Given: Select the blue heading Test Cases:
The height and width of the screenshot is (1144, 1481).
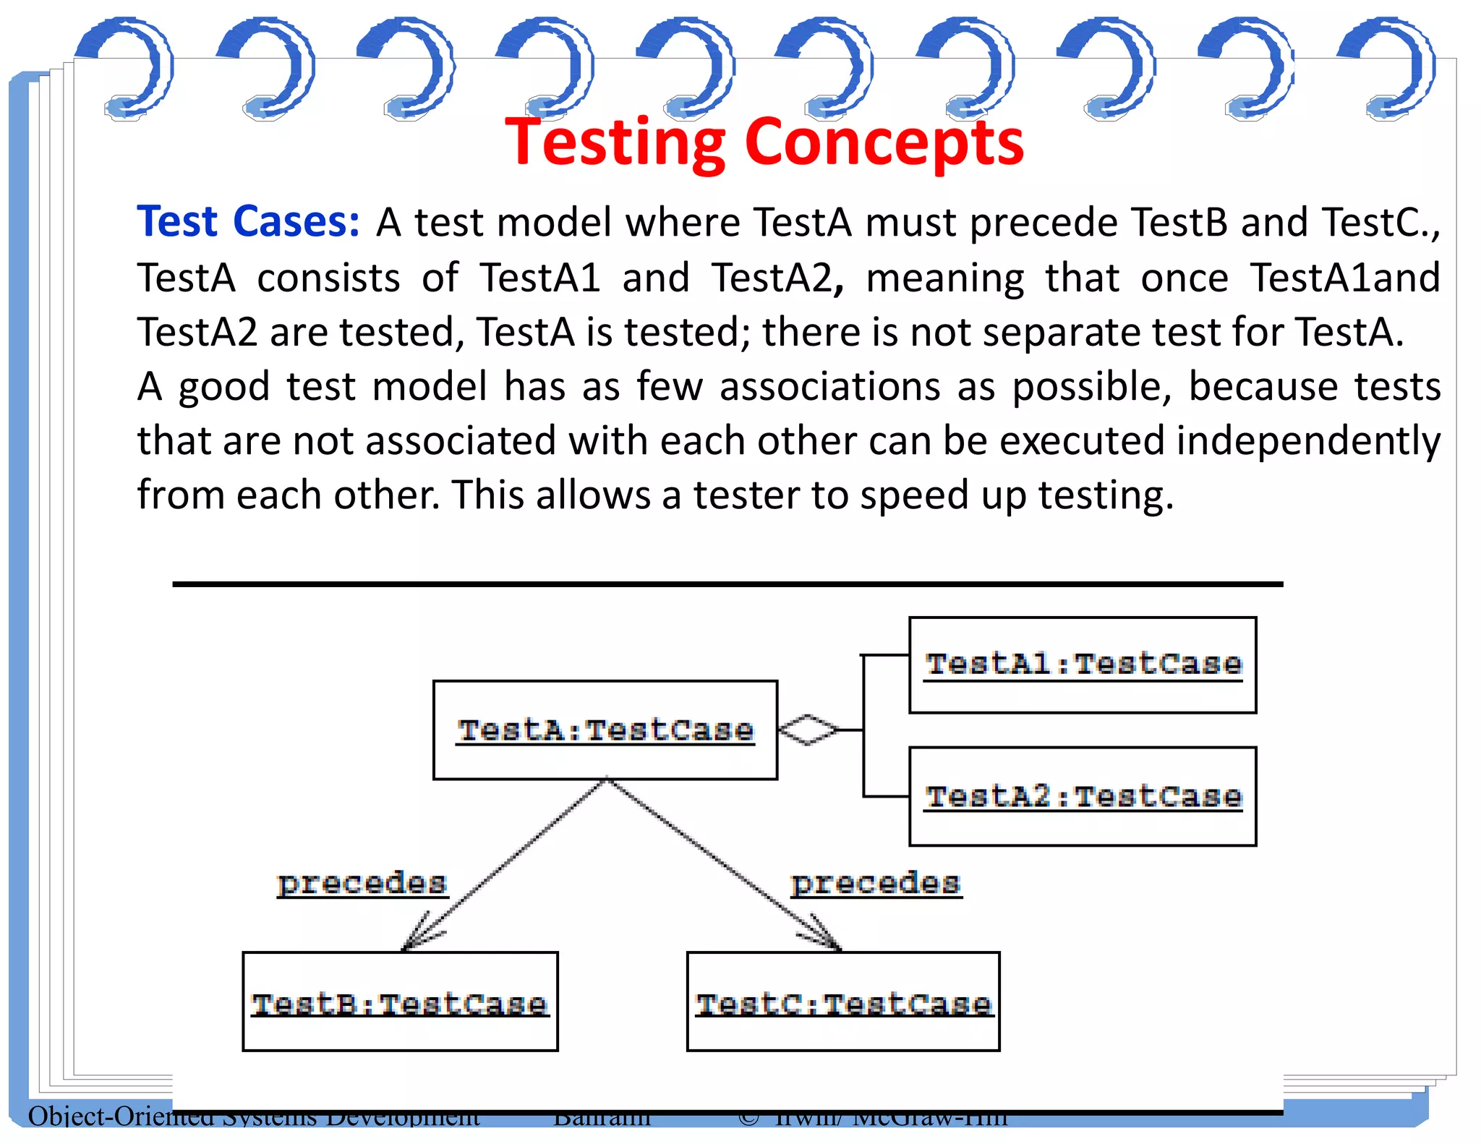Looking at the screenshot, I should pyautogui.click(x=248, y=221).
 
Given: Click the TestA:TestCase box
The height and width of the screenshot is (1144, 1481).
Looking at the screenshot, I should pyautogui.click(x=605, y=730).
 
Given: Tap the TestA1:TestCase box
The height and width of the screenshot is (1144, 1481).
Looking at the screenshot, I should pyautogui.click(x=1083, y=665).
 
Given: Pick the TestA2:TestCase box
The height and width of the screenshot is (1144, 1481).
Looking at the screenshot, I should pyautogui.click(x=1083, y=796).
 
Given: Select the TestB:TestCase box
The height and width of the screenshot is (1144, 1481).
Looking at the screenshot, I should pyautogui.click(x=400, y=1002).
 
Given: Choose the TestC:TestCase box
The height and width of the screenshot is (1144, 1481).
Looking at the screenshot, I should pyautogui.click(x=843, y=1002).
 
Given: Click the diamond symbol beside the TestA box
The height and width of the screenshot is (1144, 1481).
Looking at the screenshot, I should pyautogui.click(x=808, y=730).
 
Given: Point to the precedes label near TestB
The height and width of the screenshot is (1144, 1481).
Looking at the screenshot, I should pyautogui.click(x=362, y=883).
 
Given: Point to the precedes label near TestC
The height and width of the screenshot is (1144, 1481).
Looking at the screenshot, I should pyautogui.click(x=876, y=883).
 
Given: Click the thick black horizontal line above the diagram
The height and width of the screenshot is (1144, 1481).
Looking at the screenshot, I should pyautogui.click(x=727, y=584).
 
